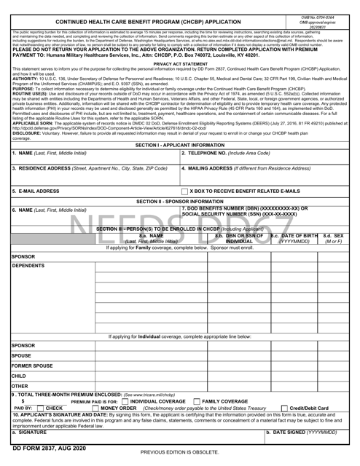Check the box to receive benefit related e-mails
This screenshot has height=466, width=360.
tap(184, 212)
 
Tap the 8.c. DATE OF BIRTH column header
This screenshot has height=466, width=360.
tap(294, 238)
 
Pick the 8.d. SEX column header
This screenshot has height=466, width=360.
tap(334, 238)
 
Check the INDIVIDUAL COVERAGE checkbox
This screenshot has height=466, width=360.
tap(125, 400)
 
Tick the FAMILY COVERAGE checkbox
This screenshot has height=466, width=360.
tap(197, 400)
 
